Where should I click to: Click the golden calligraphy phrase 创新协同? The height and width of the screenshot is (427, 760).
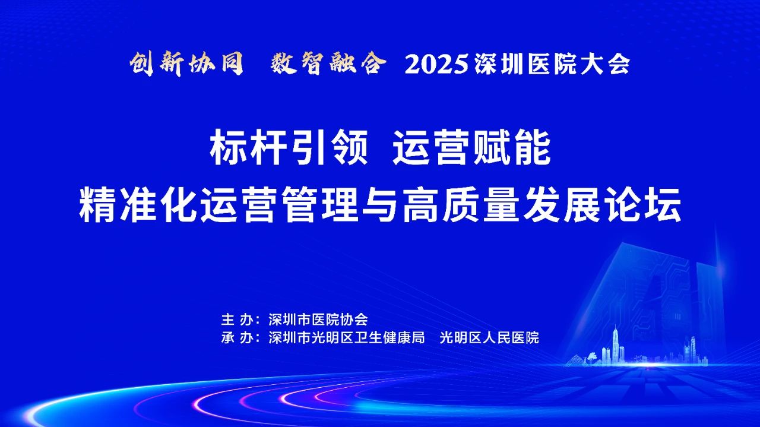(x=186, y=64)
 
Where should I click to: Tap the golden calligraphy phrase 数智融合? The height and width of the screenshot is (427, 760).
(x=328, y=64)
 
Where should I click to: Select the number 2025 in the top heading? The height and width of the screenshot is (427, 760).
(x=437, y=65)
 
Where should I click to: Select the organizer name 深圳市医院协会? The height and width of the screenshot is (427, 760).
(x=318, y=320)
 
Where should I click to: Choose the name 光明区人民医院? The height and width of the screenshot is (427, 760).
(x=489, y=338)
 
